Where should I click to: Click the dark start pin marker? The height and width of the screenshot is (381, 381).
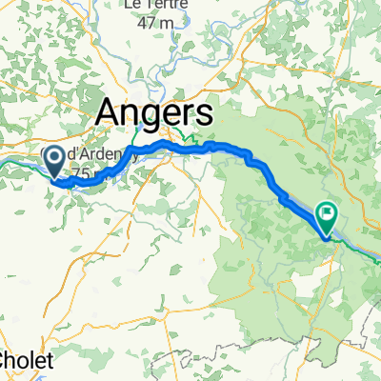55,159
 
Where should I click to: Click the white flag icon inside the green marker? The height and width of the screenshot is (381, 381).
329,214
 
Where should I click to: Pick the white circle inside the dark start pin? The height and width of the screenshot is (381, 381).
55,156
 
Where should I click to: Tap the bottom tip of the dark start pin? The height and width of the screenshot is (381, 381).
55,177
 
